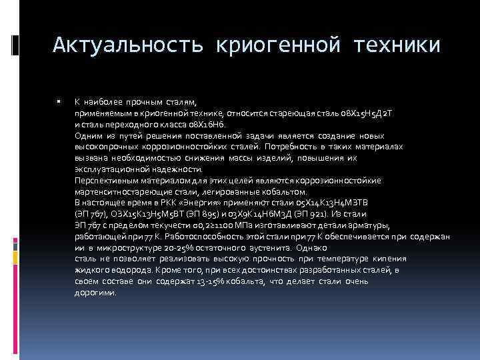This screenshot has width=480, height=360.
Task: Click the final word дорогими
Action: (95, 293)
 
